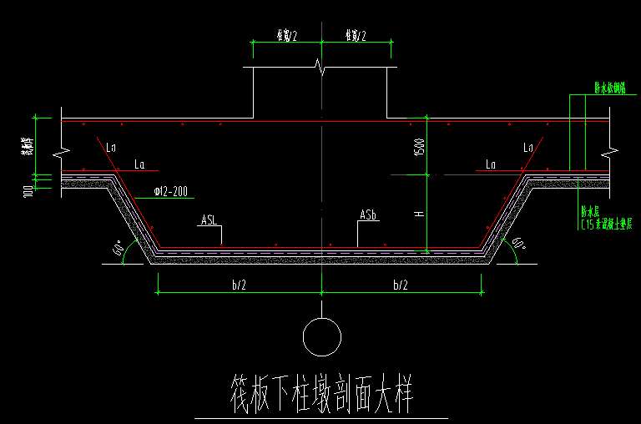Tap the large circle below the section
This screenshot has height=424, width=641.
coord(321,338)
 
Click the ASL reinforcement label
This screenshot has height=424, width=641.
coord(209,220)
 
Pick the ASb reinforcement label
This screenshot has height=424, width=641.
coord(369,215)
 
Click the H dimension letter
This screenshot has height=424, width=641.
coord(419,215)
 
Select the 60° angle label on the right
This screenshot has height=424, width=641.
coord(518,245)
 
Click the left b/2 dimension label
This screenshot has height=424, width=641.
coord(239,285)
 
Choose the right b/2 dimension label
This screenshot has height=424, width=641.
coord(401,285)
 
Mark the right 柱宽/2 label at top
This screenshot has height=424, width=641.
coord(355,34)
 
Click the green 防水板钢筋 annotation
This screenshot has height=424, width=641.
coord(599,88)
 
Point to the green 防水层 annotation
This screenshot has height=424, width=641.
coord(589,213)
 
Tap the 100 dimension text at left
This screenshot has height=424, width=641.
coord(28,190)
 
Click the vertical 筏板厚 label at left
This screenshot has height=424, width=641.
coord(27,147)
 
